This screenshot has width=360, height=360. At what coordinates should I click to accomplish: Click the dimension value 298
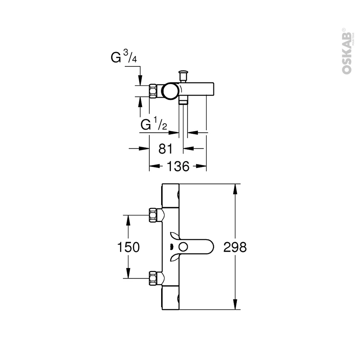coord(235,247)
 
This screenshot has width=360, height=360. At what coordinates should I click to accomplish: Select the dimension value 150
coord(128,247)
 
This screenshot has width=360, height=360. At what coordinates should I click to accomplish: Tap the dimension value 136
coord(178,166)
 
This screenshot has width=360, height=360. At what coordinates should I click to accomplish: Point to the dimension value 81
coord(165,149)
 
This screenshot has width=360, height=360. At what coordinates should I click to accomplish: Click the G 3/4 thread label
coord(124,56)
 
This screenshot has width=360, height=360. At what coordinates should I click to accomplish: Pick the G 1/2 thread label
coord(154,124)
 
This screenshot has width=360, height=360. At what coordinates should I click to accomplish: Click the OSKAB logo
coord(347,51)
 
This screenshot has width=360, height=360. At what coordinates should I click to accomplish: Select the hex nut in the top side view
coord(153,91)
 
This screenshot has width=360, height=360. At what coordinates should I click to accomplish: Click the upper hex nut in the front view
coord(153,215)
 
